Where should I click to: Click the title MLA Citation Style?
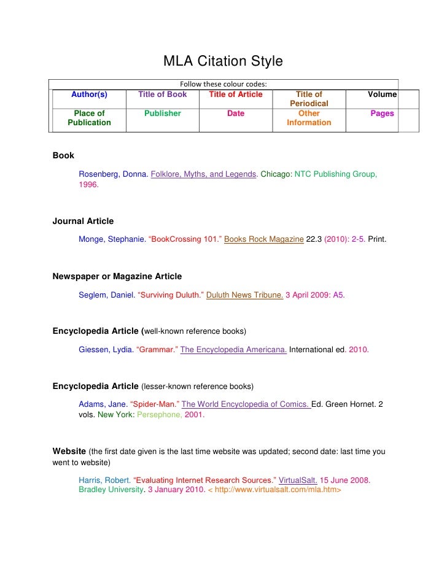tap(223, 61)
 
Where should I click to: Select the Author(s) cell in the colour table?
tap(89, 94)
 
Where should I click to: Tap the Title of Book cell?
tap(163, 94)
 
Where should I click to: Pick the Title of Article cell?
tap(236, 94)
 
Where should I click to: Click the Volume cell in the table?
tap(382, 94)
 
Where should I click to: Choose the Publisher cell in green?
tap(163, 114)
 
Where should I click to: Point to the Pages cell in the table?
tap(382, 114)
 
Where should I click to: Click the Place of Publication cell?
tap(89, 118)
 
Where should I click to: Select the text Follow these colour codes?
tap(223, 84)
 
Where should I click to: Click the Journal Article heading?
tap(83, 221)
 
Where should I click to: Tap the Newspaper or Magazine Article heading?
tap(117, 276)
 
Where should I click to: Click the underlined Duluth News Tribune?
tap(244, 295)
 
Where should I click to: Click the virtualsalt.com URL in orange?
tap(274, 490)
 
